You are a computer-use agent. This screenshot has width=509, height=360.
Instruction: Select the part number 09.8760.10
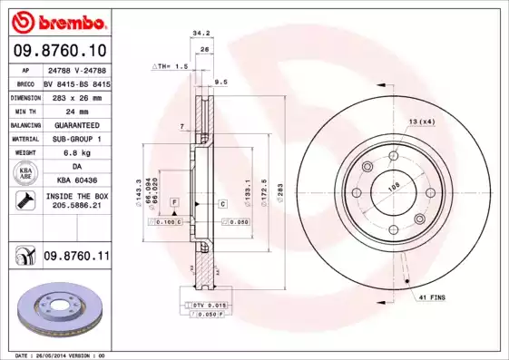pos(59,51)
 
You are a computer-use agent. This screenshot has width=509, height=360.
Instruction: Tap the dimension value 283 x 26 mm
pos(77,97)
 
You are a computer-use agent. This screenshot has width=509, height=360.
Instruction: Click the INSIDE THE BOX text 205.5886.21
pos(77,205)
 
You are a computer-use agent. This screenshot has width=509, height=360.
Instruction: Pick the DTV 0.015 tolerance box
pos(207,306)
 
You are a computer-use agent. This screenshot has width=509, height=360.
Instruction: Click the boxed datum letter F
pos(173,200)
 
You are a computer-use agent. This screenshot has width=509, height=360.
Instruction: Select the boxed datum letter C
pos(221,204)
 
